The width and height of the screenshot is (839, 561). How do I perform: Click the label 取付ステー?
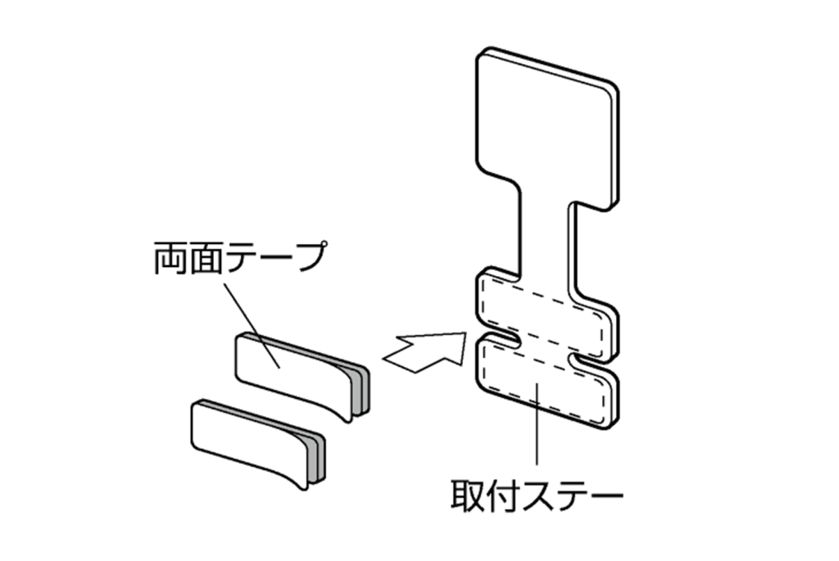[x=537, y=494]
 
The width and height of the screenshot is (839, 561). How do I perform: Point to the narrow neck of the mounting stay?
[x=545, y=238]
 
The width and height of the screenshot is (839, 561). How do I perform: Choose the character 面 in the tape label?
[x=206, y=260]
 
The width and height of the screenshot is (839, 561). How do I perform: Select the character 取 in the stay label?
[x=468, y=494]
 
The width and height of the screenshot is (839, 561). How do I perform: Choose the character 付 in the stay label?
[x=502, y=494]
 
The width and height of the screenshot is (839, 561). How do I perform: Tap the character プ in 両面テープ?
[x=308, y=260]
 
